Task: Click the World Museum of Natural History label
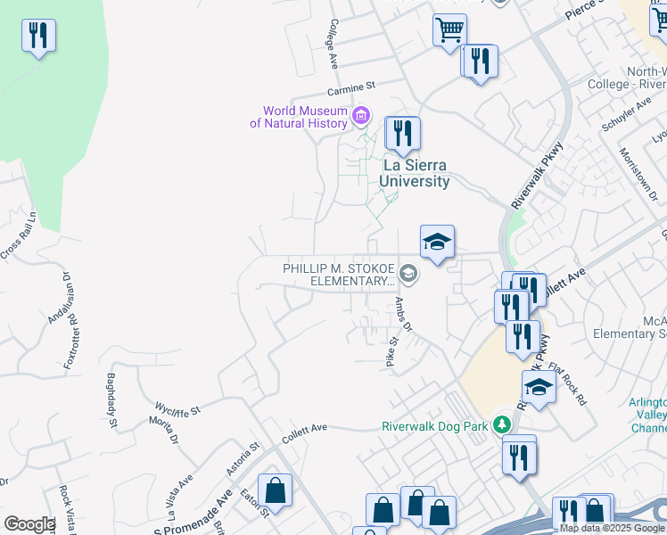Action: [x=297, y=117]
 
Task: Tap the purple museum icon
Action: [x=361, y=115]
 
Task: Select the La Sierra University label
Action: [x=414, y=173]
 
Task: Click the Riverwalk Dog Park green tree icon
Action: [x=503, y=424]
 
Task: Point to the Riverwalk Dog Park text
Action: [x=435, y=426]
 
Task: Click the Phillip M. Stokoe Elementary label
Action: [x=338, y=275]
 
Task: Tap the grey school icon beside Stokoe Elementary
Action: [x=408, y=272]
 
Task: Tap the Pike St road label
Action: [x=391, y=351]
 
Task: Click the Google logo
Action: [x=29, y=524]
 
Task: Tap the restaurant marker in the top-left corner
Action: [x=38, y=36]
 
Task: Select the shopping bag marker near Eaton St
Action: [x=276, y=490]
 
